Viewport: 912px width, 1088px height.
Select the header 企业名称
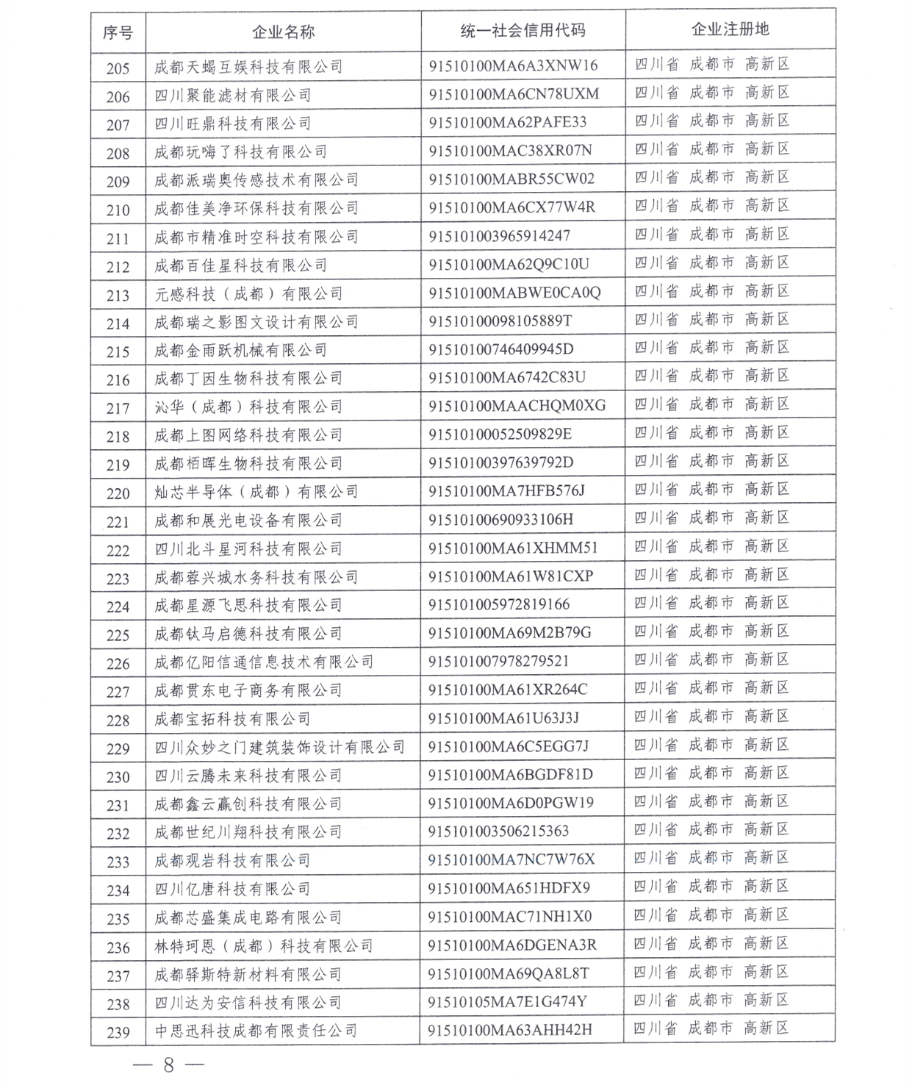coord(283,32)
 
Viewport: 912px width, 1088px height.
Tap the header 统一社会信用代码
coord(523,30)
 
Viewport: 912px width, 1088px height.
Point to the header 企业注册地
coord(730,29)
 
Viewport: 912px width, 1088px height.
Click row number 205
coord(118,68)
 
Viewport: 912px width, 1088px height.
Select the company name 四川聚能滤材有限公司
coord(233,96)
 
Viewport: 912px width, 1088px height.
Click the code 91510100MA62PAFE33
coord(508,122)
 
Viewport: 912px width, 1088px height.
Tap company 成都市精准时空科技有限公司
coord(256,237)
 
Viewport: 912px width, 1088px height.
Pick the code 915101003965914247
coord(499,235)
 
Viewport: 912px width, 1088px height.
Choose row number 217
coord(118,408)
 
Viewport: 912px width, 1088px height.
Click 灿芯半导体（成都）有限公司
coord(256,492)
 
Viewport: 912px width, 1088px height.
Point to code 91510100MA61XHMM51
coord(513,548)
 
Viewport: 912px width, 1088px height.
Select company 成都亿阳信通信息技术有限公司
coord(264,662)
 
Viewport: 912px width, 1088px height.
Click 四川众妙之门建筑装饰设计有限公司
coord(280,748)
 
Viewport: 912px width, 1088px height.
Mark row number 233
coord(118,862)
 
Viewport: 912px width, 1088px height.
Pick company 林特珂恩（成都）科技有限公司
coord(264,946)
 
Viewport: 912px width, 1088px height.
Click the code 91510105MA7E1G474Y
coord(507,1001)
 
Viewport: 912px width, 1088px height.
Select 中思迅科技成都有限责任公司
coord(256,1031)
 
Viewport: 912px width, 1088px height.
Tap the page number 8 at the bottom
coord(168,1064)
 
